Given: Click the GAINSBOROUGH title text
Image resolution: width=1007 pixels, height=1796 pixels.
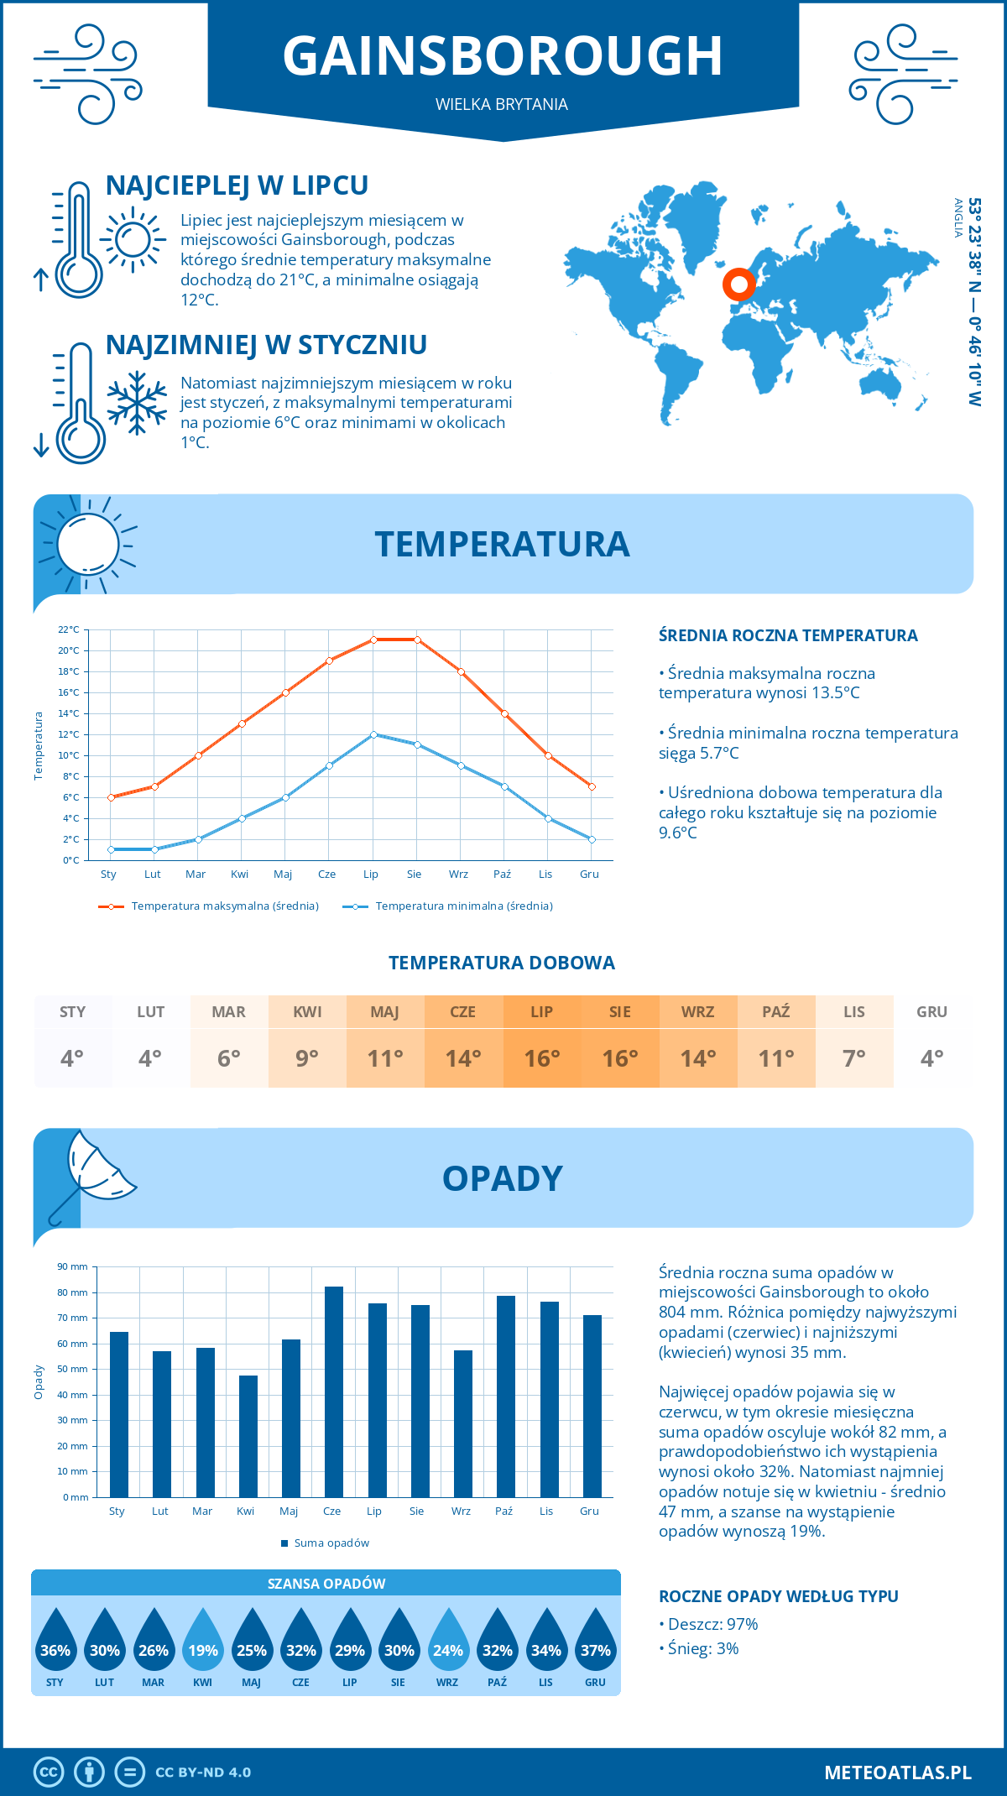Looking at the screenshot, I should click(502, 56).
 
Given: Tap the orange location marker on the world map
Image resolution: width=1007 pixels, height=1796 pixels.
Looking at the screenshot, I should click(738, 285).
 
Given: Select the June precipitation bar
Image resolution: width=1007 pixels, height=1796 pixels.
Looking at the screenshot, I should click(333, 1391).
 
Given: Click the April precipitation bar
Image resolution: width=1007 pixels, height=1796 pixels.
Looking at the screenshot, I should click(248, 1436).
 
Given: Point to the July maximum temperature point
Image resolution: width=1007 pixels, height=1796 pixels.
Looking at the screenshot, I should click(373, 640).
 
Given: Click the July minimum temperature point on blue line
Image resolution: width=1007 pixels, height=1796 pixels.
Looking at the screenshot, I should click(373, 734).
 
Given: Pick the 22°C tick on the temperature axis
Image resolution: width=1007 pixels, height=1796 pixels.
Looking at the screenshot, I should click(69, 629).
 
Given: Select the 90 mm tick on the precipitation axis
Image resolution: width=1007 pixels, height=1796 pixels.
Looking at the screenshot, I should click(72, 1266).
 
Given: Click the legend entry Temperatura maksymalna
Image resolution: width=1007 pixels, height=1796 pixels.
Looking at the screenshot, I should click(224, 906).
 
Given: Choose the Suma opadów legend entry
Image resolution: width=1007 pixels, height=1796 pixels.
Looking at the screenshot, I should click(331, 1543).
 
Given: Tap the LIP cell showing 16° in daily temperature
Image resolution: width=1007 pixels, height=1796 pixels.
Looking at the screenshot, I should click(541, 1042).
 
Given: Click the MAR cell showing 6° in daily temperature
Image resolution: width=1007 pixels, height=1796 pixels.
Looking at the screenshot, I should click(228, 1042).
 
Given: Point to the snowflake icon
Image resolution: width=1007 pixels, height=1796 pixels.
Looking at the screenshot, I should click(137, 404).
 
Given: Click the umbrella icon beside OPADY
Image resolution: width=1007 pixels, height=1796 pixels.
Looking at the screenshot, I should click(92, 1175).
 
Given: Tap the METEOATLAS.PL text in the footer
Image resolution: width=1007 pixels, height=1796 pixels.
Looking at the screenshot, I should click(897, 1773).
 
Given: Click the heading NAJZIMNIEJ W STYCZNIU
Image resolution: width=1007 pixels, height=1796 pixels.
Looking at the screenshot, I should click(266, 345).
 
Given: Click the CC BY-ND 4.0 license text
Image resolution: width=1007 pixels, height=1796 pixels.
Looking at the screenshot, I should click(203, 1773).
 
